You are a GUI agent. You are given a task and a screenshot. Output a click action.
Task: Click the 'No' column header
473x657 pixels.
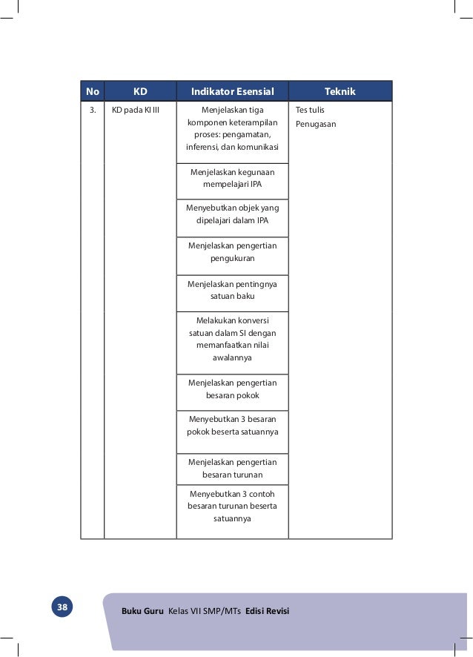[x=93, y=92]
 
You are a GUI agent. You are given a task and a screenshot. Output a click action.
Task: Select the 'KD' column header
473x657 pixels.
[x=140, y=92]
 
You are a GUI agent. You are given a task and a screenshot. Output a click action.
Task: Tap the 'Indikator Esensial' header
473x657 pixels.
[x=233, y=92]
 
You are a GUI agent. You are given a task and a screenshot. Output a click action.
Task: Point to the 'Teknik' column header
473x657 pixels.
[x=340, y=92]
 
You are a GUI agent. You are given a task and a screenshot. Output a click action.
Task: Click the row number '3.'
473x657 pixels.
[x=93, y=110]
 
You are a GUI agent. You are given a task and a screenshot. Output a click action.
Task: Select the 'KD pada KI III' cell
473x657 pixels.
[x=140, y=110]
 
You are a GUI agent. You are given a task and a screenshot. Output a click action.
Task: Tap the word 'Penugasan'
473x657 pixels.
[x=316, y=124]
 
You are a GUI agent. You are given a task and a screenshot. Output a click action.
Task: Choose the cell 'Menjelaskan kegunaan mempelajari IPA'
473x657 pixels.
[x=232, y=179]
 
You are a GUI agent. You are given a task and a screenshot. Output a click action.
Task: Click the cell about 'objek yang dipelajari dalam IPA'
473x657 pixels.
[x=232, y=214]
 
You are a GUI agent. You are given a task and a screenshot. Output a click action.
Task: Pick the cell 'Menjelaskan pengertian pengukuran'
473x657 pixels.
[x=232, y=252]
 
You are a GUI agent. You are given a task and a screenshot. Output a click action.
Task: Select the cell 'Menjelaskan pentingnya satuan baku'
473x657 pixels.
[x=232, y=290]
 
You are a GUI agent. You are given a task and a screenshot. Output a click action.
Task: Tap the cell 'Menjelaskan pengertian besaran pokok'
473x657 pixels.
[x=232, y=389]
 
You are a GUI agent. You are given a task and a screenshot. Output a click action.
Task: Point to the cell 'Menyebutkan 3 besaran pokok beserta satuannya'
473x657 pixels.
[x=232, y=425]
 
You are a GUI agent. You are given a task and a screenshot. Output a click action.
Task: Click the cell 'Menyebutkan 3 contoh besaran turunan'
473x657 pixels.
[x=232, y=506]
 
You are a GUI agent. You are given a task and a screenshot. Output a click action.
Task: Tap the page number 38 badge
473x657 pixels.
[x=62, y=608]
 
